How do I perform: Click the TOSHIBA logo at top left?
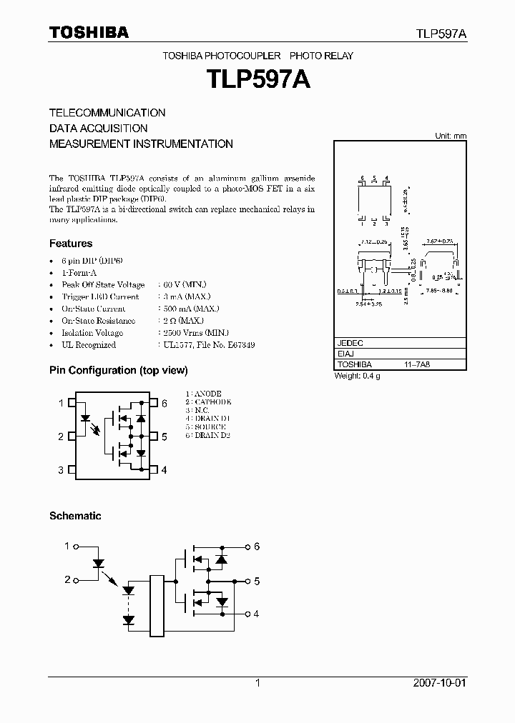[x=89, y=32]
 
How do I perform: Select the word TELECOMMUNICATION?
[x=107, y=113]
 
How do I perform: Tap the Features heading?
[x=71, y=244]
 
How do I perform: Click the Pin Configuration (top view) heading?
[x=118, y=370]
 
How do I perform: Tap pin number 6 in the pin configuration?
[x=165, y=404]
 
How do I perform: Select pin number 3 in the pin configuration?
[x=61, y=470]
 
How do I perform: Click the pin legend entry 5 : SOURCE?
[x=205, y=427]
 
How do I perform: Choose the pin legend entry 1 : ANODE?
[x=203, y=394]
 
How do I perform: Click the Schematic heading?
[x=75, y=516]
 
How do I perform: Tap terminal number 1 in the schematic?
[x=67, y=547]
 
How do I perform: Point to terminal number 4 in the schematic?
[x=256, y=614]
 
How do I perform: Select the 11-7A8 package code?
[x=417, y=364]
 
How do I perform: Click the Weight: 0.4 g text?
[x=358, y=375]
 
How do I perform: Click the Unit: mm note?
[x=451, y=136]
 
